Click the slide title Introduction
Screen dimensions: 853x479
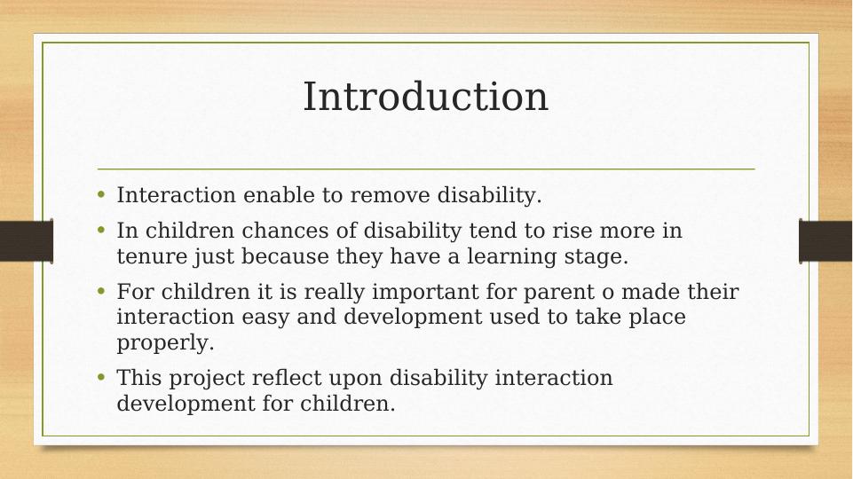tap(425, 97)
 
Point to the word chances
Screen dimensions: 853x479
tap(285, 231)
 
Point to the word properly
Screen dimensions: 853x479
tap(165, 343)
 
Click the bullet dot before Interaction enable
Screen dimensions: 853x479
tap(101, 193)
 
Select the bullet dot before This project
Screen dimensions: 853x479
tap(101, 376)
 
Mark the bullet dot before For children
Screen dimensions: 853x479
tap(101, 290)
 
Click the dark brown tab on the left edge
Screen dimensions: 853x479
tap(27, 241)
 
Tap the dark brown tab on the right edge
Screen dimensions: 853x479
tap(825, 241)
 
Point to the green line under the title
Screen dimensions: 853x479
tap(426, 169)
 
